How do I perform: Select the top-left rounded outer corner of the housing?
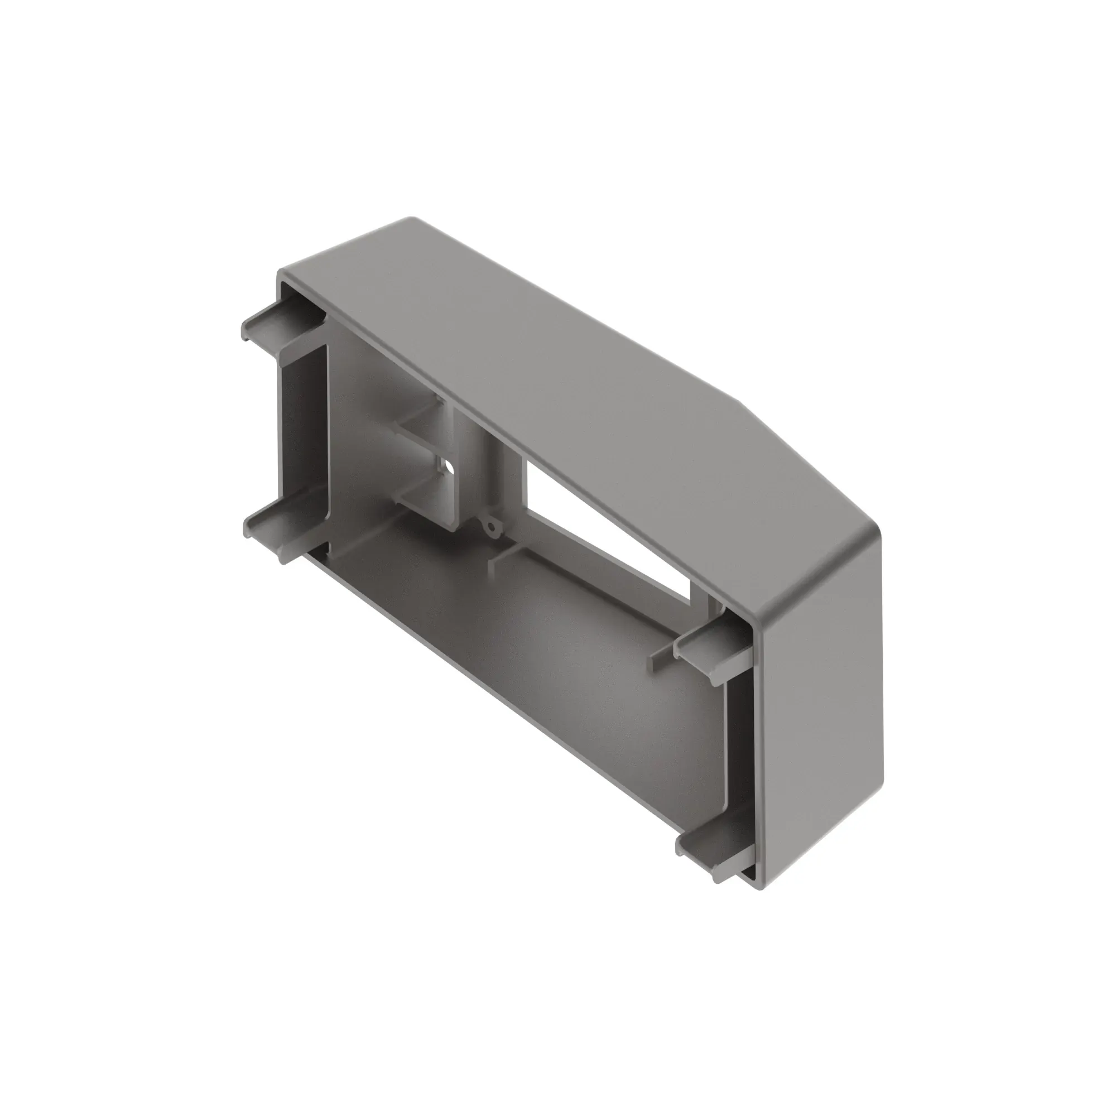[283, 275]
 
